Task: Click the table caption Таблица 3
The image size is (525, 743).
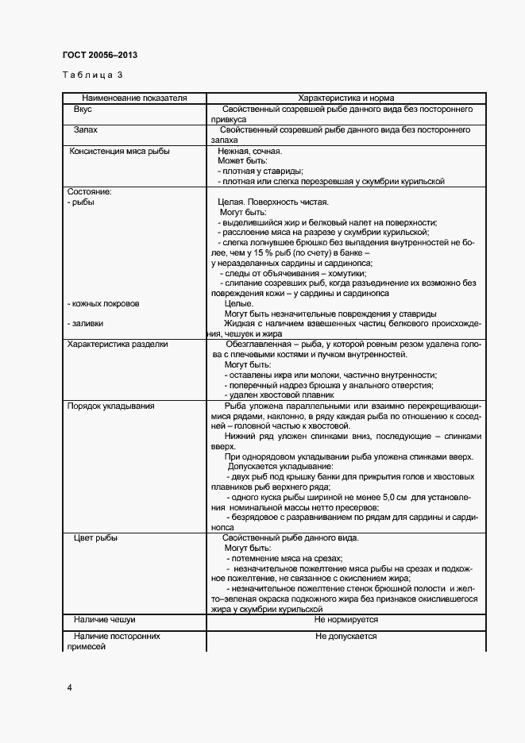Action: pyautogui.click(x=92, y=75)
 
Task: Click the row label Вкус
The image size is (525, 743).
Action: pyautogui.click(x=83, y=108)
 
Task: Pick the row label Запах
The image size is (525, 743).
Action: pyautogui.click(x=86, y=129)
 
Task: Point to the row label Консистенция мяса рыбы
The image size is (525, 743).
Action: pyautogui.click(x=120, y=150)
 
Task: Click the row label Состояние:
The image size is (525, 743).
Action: pyautogui.click(x=90, y=192)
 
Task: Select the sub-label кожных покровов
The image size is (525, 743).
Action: pyautogui.click(x=105, y=303)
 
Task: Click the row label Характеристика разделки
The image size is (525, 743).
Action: pyautogui.click(x=118, y=345)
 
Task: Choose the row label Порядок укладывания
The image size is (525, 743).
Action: pyautogui.click(x=110, y=406)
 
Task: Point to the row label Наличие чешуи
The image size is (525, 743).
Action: pyautogui.click(x=104, y=619)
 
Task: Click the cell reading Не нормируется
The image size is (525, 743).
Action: pyautogui.click(x=346, y=619)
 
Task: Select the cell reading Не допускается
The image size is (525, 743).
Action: pyautogui.click(x=346, y=637)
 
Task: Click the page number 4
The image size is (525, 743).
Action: pyautogui.click(x=69, y=687)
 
